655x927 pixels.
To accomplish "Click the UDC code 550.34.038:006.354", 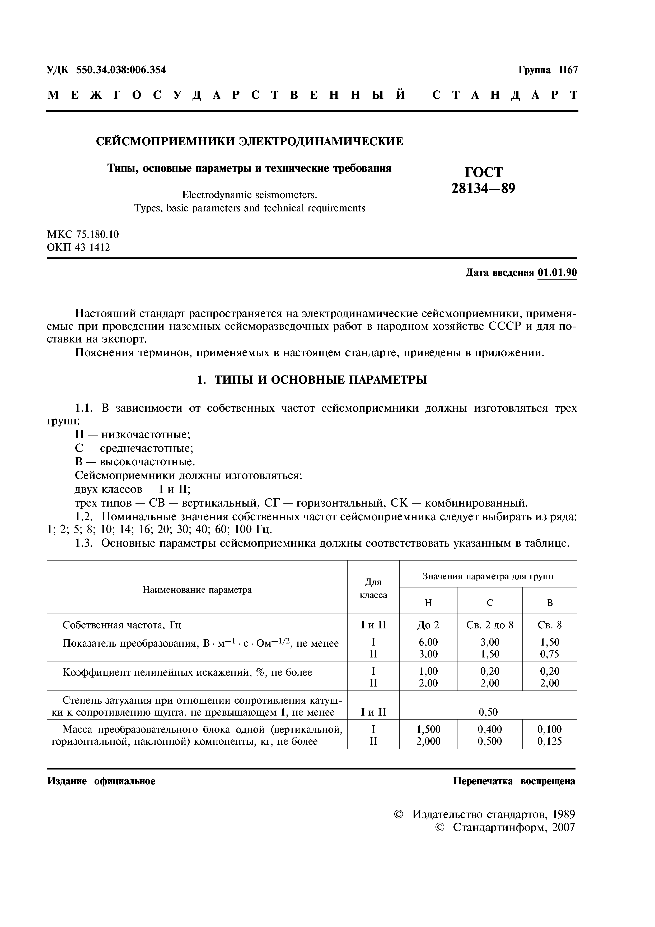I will point(121,70).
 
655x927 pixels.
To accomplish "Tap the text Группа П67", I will point(548,70).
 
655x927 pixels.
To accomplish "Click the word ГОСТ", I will point(484,172).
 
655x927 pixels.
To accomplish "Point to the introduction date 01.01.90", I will point(557,273).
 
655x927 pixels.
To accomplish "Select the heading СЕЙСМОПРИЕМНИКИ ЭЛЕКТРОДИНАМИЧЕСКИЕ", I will point(249,141).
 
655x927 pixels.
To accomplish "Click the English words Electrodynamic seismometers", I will point(249,195).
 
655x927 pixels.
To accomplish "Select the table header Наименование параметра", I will point(197,590).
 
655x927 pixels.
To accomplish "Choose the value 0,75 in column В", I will point(549,654).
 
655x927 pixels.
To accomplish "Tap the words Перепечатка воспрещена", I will point(514,781).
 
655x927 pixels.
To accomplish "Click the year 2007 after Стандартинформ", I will point(563,827).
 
